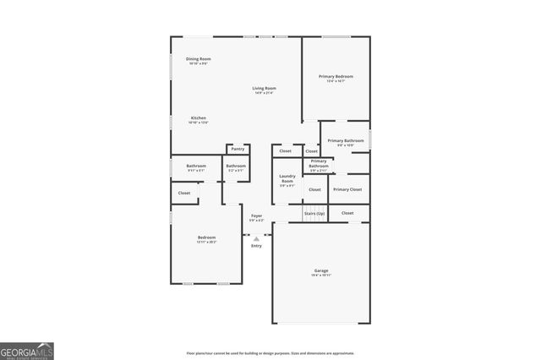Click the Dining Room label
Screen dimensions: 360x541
tap(198, 58)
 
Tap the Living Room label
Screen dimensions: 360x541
tap(264, 88)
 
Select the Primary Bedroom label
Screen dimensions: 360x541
tap(336, 77)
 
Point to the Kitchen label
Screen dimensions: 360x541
tap(198, 117)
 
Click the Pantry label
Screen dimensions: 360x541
tap(238, 149)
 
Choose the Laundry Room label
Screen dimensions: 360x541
tap(287, 178)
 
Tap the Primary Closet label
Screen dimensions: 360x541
tap(347, 189)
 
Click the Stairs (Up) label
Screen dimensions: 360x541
tap(314, 215)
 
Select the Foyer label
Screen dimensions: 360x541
tap(256, 215)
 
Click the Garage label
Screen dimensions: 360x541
tap(321, 270)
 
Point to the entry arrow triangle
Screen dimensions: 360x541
tap(256, 239)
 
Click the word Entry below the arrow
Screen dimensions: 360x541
tap(256, 246)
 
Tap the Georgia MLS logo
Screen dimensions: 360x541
tap(27, 350)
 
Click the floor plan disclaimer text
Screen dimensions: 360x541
tap(270, 353)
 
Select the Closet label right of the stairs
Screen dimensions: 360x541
tap(347, 213)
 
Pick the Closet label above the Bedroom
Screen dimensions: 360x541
tap(184, 193)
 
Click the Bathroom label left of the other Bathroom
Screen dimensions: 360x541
tap(196, 166)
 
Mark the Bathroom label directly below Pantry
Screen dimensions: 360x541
tap(236, 166)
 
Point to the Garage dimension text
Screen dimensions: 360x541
tap(321, 275)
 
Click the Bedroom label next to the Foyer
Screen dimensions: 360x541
tap(206, 237)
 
